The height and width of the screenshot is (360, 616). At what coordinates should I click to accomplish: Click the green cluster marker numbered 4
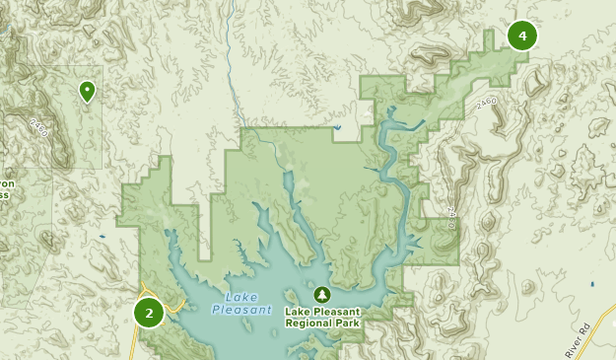(x=522, y=36)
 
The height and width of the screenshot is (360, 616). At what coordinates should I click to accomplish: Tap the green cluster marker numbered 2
(x=149, y=314)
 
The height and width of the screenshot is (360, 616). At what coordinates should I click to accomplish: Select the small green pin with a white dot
(x=88, y=92)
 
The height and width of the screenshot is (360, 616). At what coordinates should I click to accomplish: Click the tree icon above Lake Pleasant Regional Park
(x=322, y=295)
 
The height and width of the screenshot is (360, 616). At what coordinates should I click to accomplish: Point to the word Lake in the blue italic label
(x=240, y=298)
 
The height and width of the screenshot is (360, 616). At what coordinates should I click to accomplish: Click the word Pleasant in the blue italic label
(x=240, y=311)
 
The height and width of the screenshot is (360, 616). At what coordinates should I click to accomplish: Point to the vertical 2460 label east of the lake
(x=451, y=218)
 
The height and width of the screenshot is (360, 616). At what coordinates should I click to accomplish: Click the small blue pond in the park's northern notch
(x=337, y=128)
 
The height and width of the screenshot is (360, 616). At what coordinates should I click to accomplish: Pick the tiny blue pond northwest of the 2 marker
(x=102, y=238)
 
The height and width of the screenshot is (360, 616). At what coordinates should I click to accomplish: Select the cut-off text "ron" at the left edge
(x=7, y=183)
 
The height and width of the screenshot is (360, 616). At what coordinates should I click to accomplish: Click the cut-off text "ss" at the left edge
(x=4, y=195)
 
